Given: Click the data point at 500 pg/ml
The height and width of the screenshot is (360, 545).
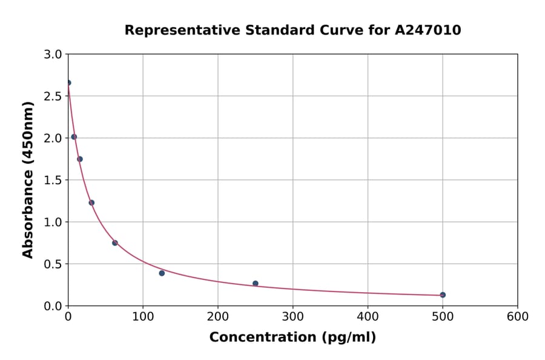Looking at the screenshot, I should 443,295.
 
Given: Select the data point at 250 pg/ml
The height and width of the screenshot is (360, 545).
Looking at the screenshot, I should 256,283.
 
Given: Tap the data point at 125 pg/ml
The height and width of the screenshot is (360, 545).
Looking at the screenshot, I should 162,273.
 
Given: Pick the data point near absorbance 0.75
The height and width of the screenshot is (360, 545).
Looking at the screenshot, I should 115,242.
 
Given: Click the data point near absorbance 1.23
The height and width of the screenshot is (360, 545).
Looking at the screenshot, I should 91,202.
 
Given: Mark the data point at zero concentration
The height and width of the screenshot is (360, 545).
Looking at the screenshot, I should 68,82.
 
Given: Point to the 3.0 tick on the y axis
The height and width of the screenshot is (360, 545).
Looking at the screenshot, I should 53,55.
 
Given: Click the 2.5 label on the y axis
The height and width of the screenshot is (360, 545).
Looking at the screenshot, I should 53,96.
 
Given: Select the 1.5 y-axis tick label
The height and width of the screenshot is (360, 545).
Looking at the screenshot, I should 53,180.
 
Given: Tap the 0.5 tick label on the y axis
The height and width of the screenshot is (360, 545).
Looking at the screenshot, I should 53,264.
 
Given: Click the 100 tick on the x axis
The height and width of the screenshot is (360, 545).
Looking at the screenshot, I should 143,316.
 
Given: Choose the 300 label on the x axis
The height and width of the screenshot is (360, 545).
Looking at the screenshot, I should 293,316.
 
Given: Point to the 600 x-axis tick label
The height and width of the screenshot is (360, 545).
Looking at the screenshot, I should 518,316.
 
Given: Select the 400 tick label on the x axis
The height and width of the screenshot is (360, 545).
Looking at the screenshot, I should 368,316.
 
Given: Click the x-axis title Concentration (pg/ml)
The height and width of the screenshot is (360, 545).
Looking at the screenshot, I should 292,338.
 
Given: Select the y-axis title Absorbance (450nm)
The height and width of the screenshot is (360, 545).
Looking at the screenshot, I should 28,179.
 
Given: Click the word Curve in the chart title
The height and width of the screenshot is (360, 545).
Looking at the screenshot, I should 311,30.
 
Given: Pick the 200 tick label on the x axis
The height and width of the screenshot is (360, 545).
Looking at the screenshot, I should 218,316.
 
